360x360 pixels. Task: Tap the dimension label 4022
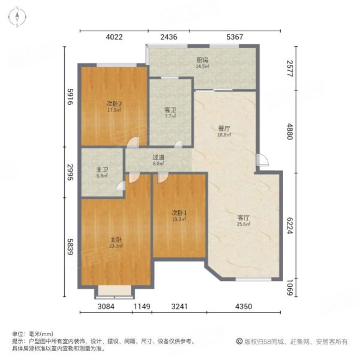pos(115,37)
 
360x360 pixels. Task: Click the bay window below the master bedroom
pos(115,293)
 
